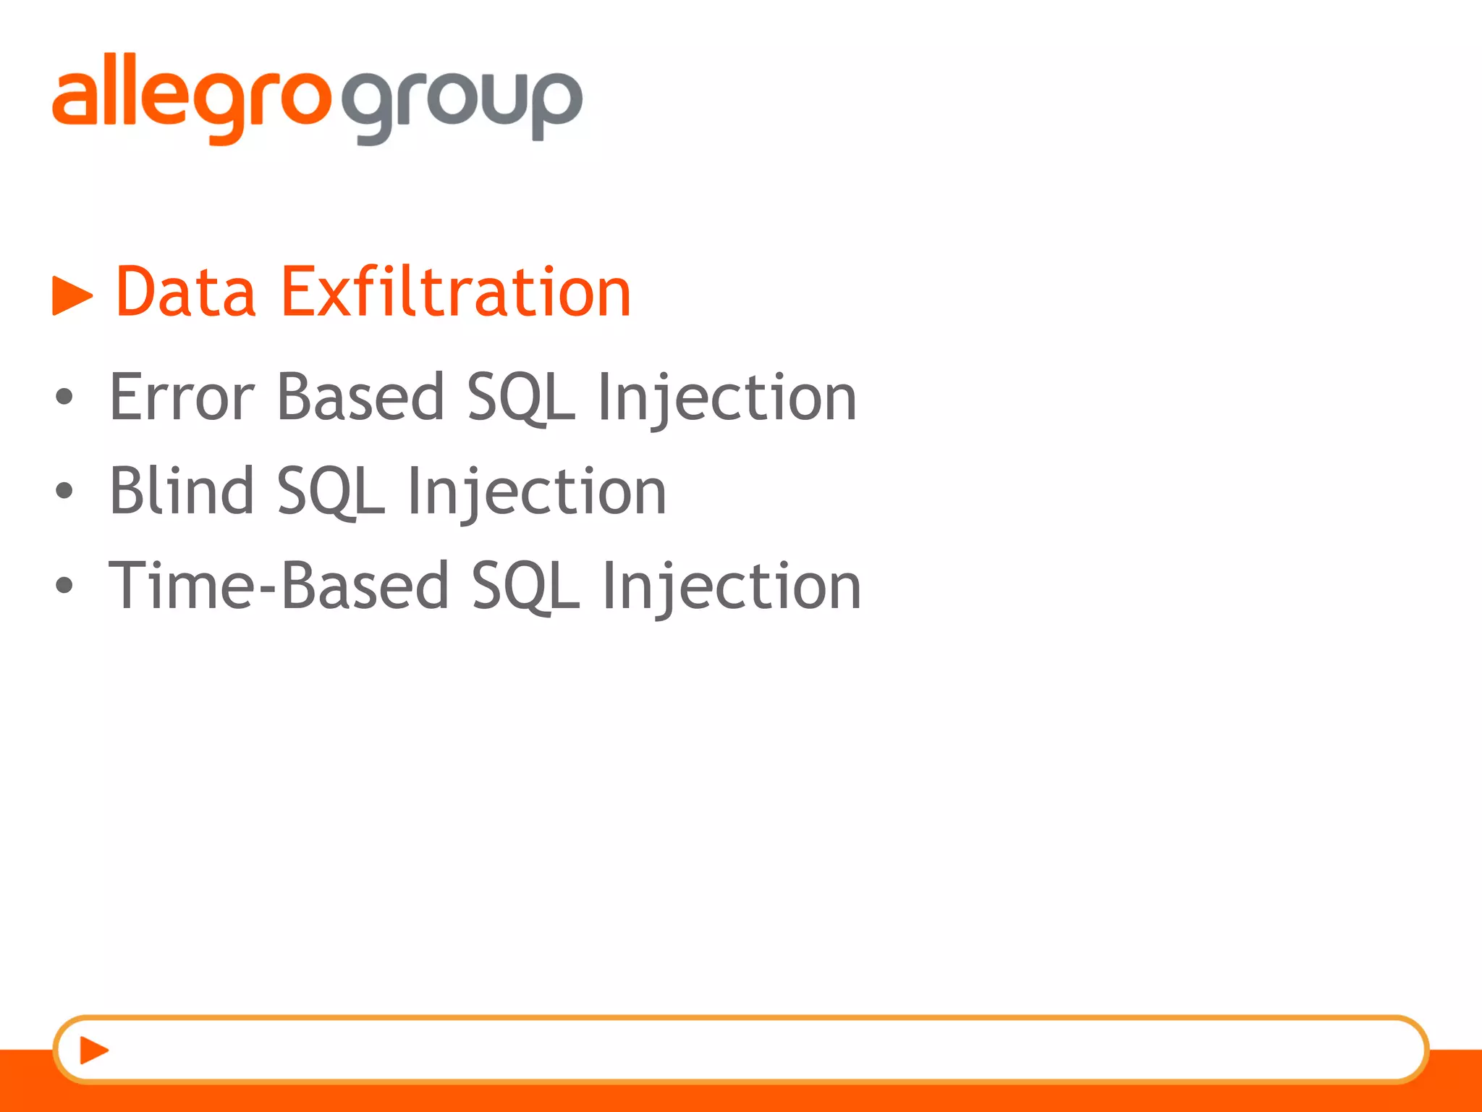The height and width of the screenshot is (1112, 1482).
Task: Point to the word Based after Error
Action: pyautogui.click(x=360, y=397)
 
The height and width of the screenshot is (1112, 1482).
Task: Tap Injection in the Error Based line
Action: pyautogui.click(x=727, y=397)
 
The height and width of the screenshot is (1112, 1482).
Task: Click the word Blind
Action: pyautogui.click(x=182, y=492)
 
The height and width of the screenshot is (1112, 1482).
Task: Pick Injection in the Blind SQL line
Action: pyautogui.click(x=536, y=492)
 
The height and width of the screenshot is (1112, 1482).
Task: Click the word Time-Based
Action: pyautogui.click(x=279, y=586)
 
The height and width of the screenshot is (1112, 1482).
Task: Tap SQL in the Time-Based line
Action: pyautogui.click(x=525, y=586)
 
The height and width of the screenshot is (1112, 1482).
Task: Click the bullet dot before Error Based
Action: pyautogui.click(x=64, y=397)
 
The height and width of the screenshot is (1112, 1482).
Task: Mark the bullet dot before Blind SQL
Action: pyautogui.click(x=64, y=491)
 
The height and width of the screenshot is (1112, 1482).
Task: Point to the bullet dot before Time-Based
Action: pyautogui.click(x=64, y=585)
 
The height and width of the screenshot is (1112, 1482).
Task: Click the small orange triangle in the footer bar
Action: pyautogui.click(x=93, y=1050)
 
